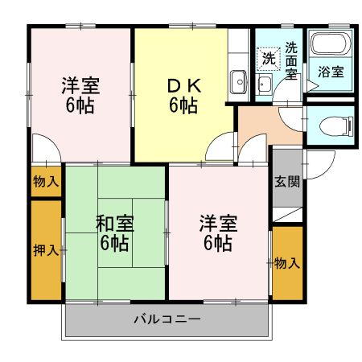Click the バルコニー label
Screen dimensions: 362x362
(x=167, y=319)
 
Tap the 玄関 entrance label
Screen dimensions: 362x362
(x=286, y=181)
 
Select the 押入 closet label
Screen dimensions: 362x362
(x=47, y=250)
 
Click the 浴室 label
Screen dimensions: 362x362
(x=331, y=70)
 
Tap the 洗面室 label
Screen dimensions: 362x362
(x=291, y=60)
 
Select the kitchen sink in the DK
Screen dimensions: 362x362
(x=238, y=80)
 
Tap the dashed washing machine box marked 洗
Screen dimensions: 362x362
(x=268, y=58)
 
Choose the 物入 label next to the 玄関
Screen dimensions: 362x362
(x=286, y=262)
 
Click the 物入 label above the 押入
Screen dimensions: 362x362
(x=46, y=182)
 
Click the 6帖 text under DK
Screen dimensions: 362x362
(x=183, y=105)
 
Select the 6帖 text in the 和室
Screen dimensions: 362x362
(x=114, y=242)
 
